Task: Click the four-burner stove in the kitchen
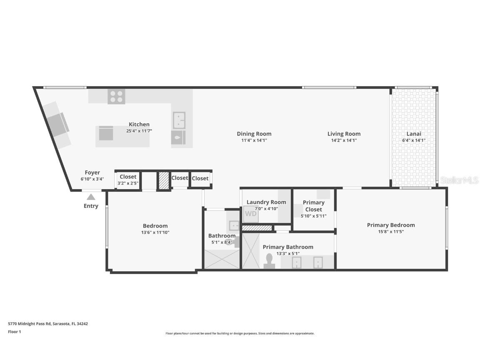116,97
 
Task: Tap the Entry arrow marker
91,197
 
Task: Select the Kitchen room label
139,124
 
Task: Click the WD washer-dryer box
250,214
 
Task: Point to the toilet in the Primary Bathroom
269,261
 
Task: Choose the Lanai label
414,134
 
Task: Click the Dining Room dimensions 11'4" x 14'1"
254,140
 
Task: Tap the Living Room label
344,134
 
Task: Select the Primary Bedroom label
390,225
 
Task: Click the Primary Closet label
313,206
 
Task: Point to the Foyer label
92,172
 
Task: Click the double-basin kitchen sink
179,120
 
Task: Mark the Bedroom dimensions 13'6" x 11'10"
155,232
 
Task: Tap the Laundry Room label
266,202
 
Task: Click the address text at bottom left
48,323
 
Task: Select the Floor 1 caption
14,332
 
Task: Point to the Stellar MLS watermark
459,180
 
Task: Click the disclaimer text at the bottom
240,333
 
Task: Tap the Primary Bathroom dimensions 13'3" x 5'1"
288,253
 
